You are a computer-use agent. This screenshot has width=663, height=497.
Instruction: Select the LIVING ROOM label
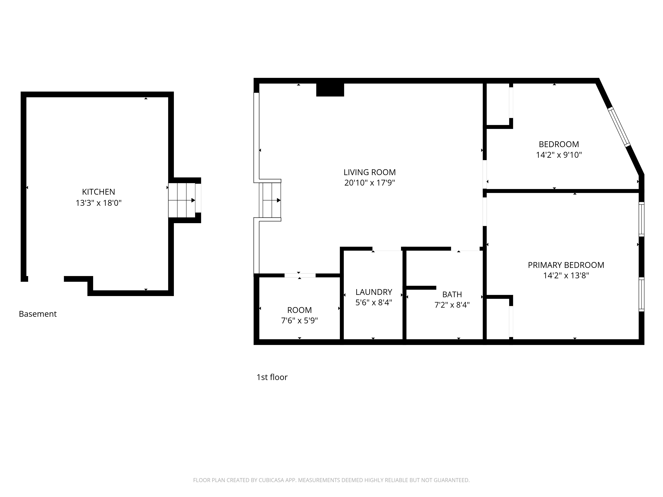click(370, 172)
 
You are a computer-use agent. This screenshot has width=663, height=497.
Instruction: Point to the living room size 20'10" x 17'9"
click(370, 183)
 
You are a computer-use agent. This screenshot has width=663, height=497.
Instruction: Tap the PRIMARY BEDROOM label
click(566, 265)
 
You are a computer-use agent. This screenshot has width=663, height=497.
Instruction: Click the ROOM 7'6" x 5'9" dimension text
click(300, 321)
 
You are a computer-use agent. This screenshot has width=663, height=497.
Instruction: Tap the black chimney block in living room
click(330, 90)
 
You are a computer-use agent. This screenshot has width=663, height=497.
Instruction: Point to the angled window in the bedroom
click(619, 127)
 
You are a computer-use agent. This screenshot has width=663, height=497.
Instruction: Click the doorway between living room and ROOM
click(300, 275)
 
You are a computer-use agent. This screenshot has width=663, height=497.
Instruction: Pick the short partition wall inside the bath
click(421, 288)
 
